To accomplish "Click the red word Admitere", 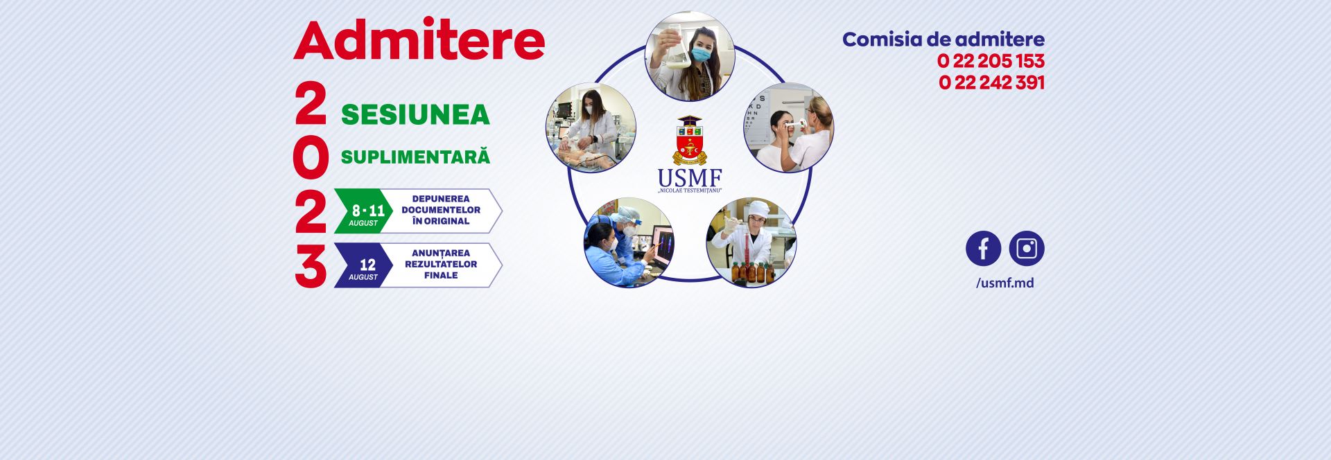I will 419,40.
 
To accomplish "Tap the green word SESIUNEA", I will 415,115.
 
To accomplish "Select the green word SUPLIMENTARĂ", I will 415,157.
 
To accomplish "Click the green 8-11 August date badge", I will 364,211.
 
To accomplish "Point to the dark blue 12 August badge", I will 364,265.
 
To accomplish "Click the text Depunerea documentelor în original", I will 441,210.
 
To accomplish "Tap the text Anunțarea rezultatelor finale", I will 441,264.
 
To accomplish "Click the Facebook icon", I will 983,249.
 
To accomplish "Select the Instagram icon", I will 1027,249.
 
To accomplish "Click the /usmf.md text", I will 1004,283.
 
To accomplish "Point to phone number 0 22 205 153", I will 991,61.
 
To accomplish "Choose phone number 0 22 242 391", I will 991,82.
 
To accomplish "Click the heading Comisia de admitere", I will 943,39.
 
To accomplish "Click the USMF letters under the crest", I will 690,178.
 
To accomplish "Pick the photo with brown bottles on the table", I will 751,242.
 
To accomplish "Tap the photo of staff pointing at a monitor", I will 629,242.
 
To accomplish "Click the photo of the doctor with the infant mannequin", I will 591,128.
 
